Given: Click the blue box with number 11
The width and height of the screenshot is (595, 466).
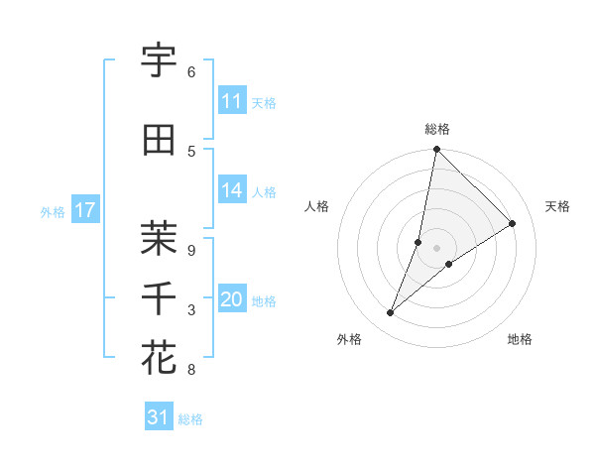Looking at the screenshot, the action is pos(232,101).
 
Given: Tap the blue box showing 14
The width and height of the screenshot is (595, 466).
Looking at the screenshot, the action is pos(232,191).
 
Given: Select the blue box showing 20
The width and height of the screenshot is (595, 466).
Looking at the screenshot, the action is pos(232,300).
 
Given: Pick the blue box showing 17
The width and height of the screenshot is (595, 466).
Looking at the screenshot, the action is pos(84,210).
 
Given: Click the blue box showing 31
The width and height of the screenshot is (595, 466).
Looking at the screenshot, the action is pos(159,417).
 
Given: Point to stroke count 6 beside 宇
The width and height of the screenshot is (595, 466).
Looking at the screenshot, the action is pos(190,72).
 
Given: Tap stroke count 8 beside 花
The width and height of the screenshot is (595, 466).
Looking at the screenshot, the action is pos(190,370).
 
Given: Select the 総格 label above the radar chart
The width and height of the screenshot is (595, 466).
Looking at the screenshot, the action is pos(436,129).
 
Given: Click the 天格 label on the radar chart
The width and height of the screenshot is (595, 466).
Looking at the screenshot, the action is pos(557,206).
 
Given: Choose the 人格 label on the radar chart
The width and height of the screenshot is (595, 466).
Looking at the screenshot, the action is pos(316,206).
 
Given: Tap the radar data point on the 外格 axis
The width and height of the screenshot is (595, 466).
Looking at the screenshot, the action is pos(391,313).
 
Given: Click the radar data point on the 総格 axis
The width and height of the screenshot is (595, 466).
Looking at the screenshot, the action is pos(436,150).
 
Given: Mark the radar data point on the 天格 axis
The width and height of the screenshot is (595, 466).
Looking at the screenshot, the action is pos(513,223).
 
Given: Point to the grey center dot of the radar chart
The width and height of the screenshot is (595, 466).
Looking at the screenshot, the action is pos(436,248).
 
